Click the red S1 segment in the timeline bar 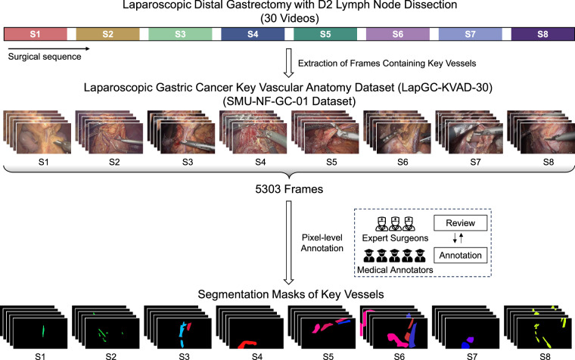pos(36,34)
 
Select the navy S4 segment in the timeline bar pos(253,34)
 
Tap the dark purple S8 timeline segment pos(542,34)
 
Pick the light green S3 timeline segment pos(180,34)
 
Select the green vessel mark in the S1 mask pos(42,331)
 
